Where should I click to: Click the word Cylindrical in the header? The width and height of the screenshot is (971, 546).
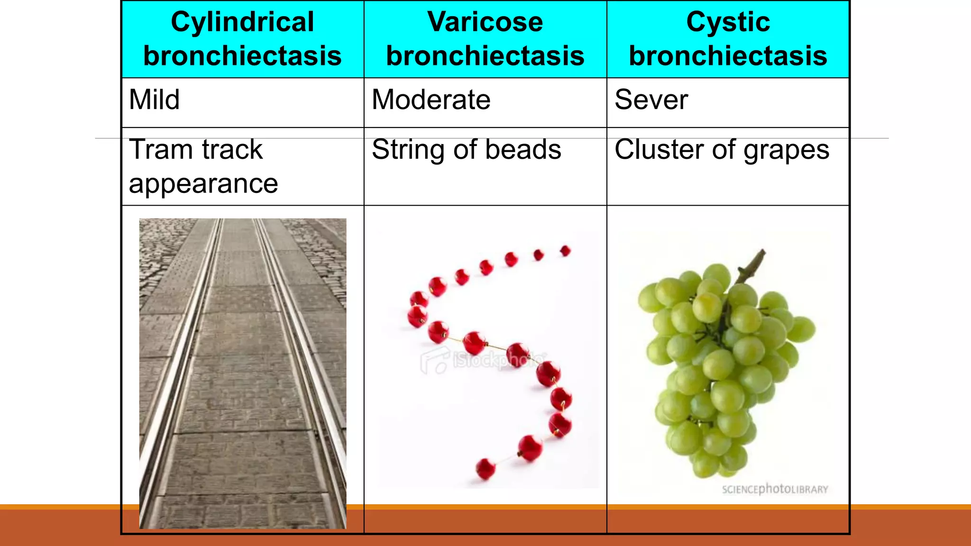pyautogui.click(x=242, y=22)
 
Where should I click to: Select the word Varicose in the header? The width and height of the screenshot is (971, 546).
pyautogui.click(x=485, y=22)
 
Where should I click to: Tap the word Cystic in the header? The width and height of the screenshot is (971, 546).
pyautogui.click(x=728, y=22)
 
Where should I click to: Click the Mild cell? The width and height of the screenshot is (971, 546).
pyautogui.click(x=154, y=100)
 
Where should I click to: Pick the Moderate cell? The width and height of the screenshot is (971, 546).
pyautogui.click(x=431, y=100)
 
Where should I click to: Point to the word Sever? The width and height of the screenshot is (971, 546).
pyautogui.click(x=650, y=100)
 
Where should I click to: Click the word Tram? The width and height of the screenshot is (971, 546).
pyautogui.click(x=160, y=149)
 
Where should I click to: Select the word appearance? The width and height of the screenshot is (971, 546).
pyautogui.click(x=203, y=184)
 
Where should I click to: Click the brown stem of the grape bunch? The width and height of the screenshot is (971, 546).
pyautogui.click(x=752, y=265)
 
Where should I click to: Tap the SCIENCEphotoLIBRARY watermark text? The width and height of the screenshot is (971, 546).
pyautogui.click(x=775, y=489)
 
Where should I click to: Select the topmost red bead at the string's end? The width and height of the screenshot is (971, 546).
pyautogui.click(x=565, y=250)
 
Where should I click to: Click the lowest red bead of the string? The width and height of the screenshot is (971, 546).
pyautogui.click(x=485, y=469)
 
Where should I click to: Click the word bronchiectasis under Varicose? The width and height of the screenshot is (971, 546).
pyautogui.click(x=485, y=56)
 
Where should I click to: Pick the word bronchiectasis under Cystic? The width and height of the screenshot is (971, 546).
pyautogui.click(x=728, y=56)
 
